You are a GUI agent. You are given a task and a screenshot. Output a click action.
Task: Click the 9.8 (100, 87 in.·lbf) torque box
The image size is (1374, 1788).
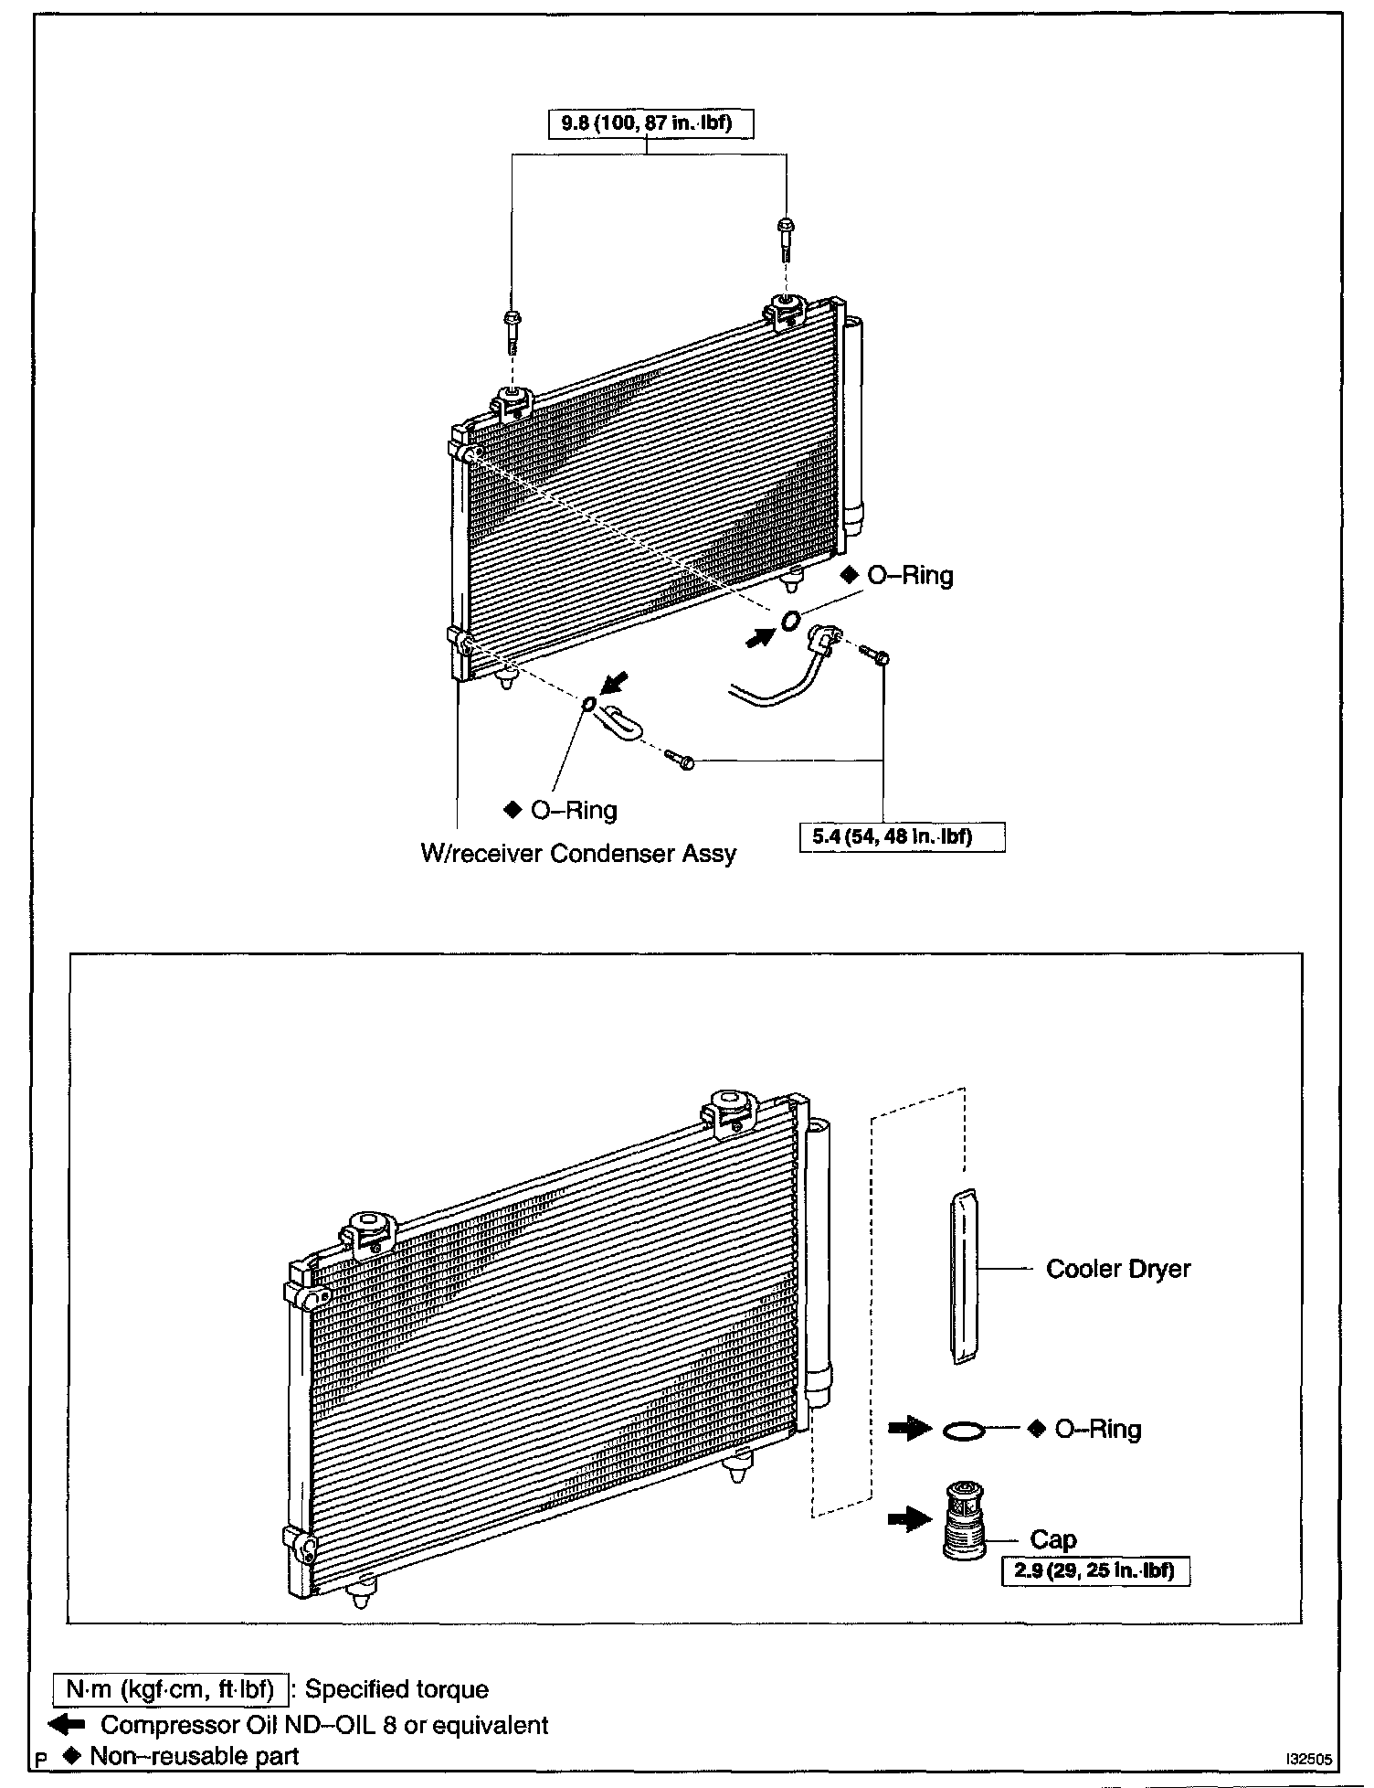[x=650, y=122]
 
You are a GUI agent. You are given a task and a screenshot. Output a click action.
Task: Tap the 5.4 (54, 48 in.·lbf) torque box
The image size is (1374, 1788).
[x=902, y=836]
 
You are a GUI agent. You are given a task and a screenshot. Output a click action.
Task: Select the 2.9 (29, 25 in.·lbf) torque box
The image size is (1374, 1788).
[x=1095, y=1572]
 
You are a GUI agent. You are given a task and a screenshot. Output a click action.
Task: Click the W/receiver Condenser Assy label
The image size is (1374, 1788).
[x=577, y=854]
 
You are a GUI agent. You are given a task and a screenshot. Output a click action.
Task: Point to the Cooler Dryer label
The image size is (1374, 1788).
[x=1118, y=1269]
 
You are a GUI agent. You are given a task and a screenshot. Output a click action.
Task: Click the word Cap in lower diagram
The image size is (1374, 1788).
[x=1053, y=1540]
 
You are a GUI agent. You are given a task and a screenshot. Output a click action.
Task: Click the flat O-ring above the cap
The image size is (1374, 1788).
[x=964, y=1430]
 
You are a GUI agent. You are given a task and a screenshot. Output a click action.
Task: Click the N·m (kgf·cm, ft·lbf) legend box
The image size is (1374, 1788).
[x=170, y=1689]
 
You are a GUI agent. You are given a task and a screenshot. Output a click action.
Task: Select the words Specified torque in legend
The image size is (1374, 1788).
[x=396, y=1689]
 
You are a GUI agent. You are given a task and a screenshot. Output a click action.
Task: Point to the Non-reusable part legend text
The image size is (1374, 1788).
[x=194, y=1756]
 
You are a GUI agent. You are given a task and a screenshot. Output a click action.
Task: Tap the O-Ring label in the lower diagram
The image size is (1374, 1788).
[x=1097, y=1429]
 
